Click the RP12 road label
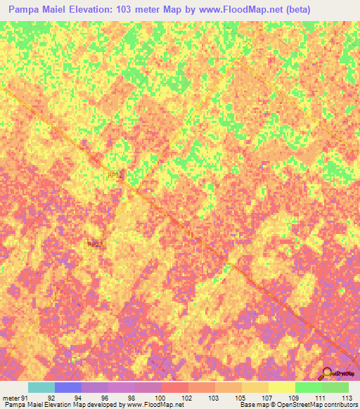pyautogui.click(x=115, y=176)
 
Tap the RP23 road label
pyautogui.click(x=95, y=244)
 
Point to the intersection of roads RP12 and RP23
pyautogui.click(x=127, y=188)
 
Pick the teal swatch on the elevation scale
pyautogui.click(x=41, y=387)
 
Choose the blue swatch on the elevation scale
pyautogui.click(x=68, y=387)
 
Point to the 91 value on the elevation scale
pyautogui.click(x=25, y=397)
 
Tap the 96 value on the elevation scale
pyautogui.click(x=105, y=397)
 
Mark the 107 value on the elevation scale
pyautogui.click(x=267, y=397)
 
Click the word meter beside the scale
pyautogui.click(x=11, y=397)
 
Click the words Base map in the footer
pyautogui.click(x=254, y=405)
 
